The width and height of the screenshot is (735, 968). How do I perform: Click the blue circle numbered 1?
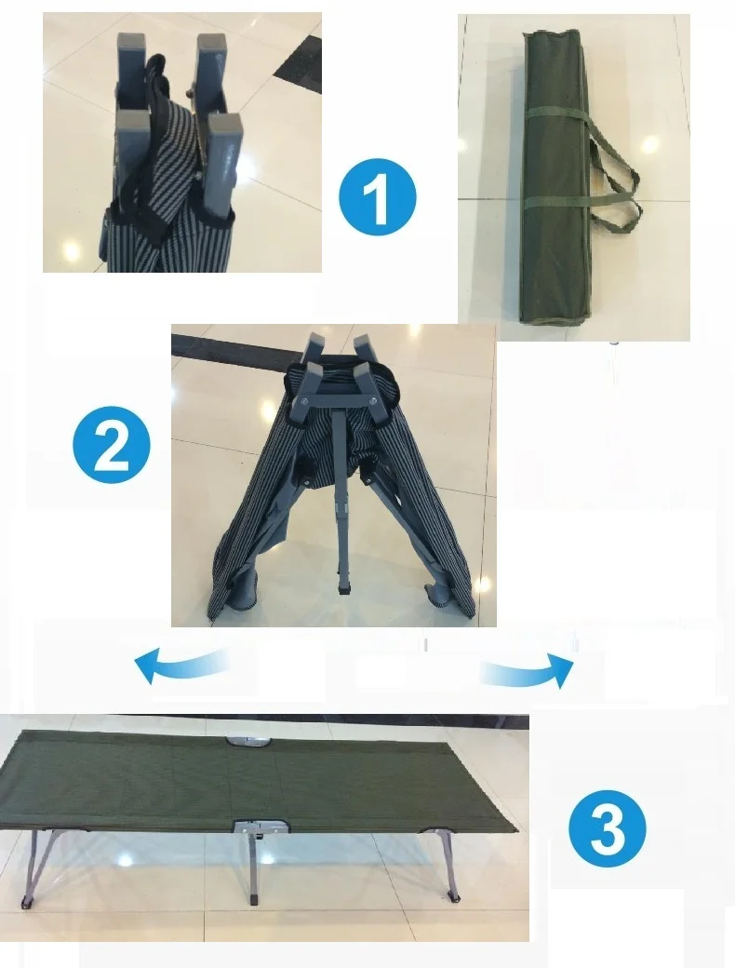[x=378, y=197]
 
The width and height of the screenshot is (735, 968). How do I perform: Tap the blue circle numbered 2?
[x=112, y=445]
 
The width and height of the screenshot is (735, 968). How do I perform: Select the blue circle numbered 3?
[x=608, y=827]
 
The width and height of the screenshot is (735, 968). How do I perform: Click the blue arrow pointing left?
[x=182, y=665]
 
